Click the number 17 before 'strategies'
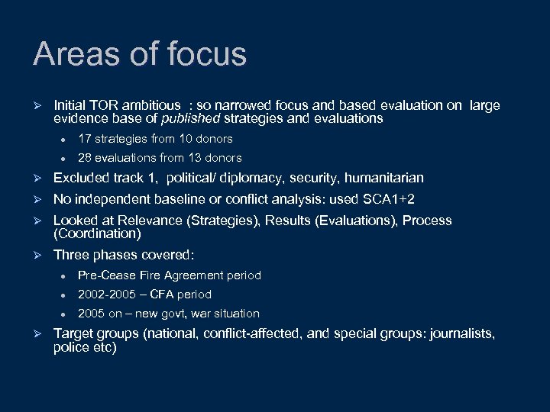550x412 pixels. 84,139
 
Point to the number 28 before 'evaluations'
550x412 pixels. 85,158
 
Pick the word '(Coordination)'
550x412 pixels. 98,233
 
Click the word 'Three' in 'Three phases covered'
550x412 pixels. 71,255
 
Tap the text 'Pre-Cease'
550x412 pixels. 103,275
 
